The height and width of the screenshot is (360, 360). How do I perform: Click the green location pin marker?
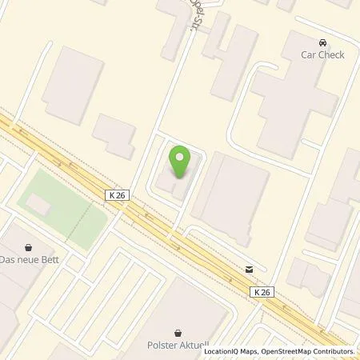181,162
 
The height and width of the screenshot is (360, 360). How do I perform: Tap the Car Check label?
322,56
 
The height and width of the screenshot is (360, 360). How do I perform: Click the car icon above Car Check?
322,42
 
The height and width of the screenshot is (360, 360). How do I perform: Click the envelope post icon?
250,270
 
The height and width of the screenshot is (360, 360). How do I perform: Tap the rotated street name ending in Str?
192,14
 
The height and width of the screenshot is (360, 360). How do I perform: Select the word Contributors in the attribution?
333,351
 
